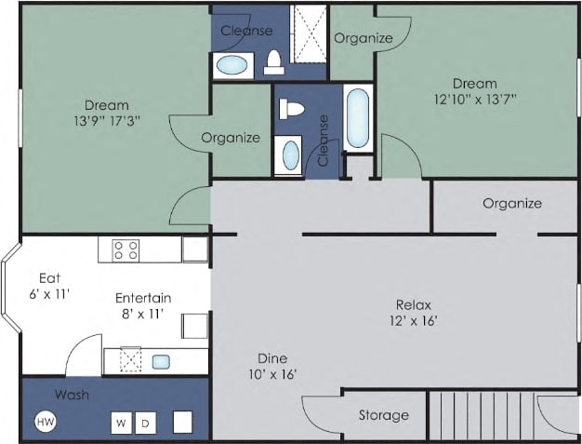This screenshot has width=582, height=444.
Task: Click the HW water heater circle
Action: click(44, 422)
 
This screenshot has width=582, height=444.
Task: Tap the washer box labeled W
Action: click(121, 423)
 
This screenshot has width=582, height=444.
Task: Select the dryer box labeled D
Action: click(145, 423)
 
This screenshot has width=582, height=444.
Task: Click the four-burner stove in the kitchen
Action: click(126, 249)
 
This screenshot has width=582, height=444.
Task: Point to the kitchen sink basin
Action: click(160, 361)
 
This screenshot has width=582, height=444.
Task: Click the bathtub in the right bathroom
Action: click(358, 117)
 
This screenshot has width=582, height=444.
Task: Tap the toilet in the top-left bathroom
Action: click(273, 61)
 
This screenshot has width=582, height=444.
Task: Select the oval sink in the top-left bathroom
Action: click(232, 65)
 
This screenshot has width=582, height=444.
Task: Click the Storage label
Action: click(383, 415)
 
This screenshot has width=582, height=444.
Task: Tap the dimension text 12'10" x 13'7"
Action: click(476, 100)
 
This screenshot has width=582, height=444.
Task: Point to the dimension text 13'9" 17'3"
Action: click(106, 122)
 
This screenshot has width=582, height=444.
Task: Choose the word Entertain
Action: click(142, 298)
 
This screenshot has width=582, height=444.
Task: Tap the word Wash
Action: click(72, 395)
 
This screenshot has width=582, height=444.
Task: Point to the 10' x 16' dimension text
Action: click(272, 374)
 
